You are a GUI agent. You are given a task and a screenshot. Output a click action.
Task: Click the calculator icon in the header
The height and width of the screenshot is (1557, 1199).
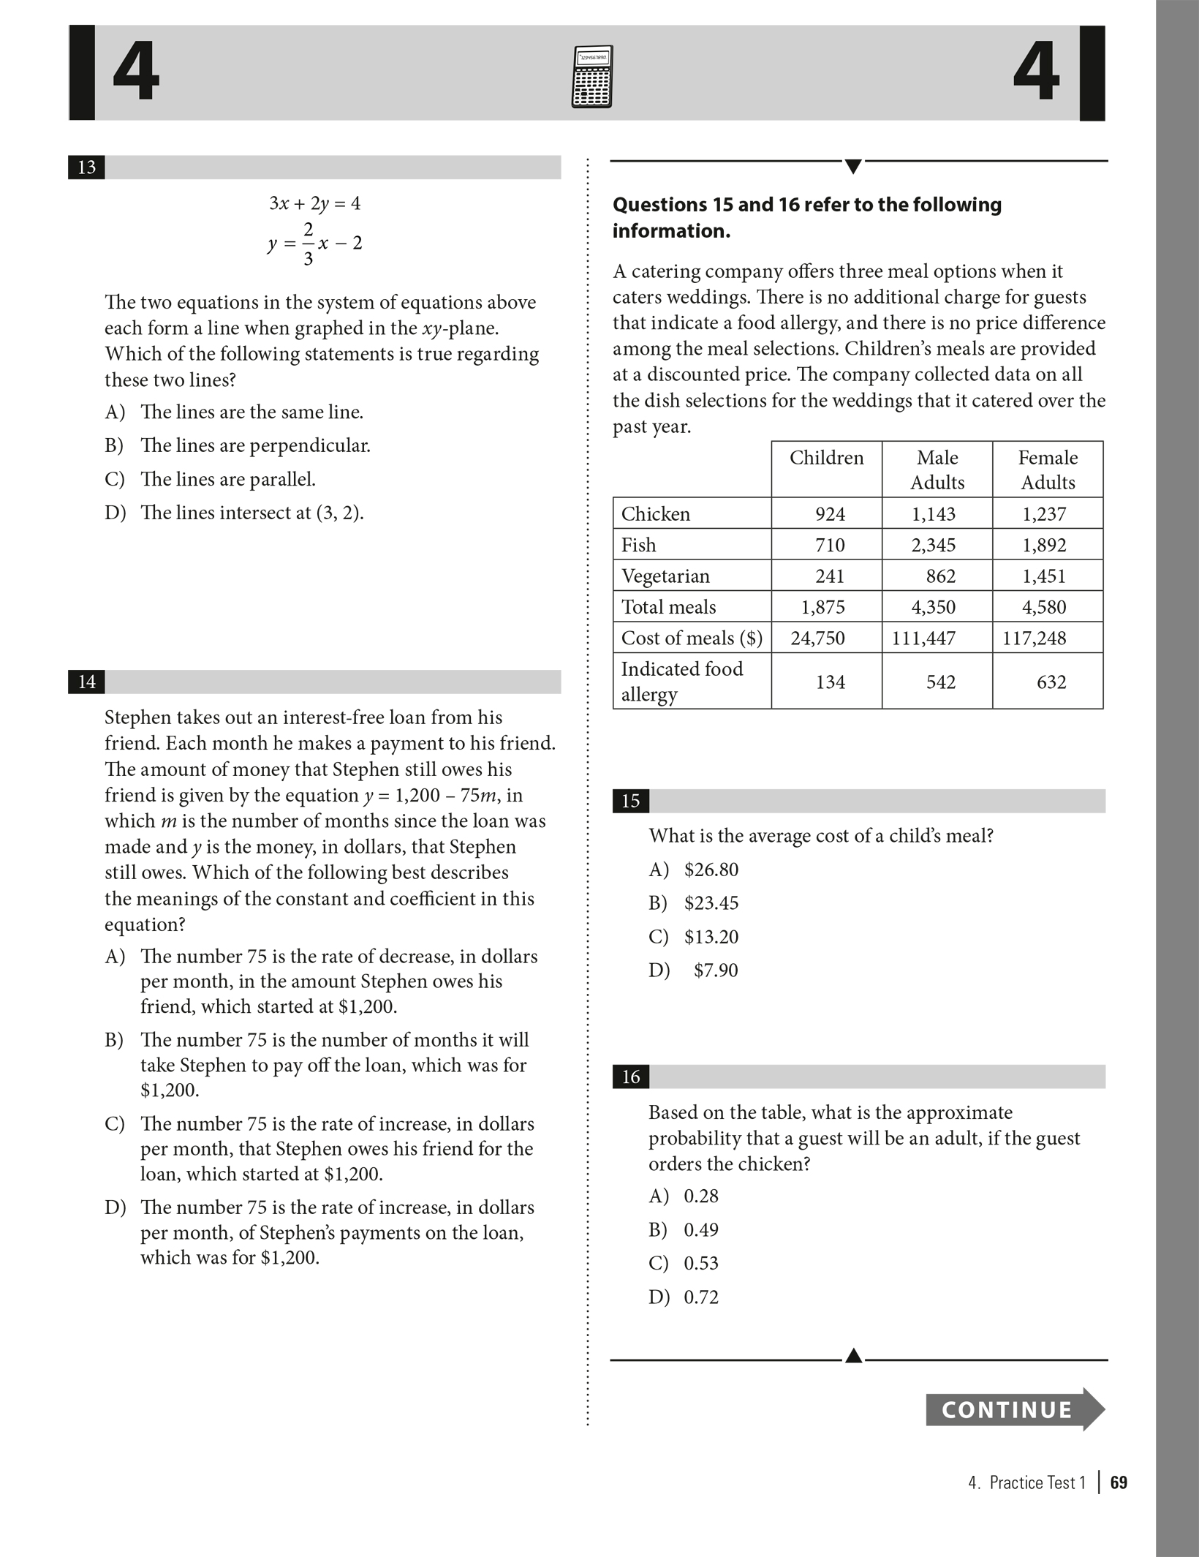coord(592,77)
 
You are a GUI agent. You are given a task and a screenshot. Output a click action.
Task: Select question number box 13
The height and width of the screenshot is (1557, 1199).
coord(86,167)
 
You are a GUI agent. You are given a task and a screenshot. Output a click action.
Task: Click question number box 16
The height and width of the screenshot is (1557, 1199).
coord(630,1077)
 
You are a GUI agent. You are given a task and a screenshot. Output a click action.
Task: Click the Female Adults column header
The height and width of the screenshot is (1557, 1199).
coord(1048,470)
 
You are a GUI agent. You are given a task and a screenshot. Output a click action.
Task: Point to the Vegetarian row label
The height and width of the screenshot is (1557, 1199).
coord(665,576)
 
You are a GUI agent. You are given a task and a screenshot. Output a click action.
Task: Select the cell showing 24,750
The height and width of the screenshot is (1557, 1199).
coord(817,638)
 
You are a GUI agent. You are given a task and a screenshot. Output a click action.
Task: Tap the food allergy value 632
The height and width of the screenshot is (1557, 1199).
coord(1051,682)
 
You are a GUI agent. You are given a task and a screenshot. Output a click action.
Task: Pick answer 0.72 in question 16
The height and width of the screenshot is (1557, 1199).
coord(701,1297)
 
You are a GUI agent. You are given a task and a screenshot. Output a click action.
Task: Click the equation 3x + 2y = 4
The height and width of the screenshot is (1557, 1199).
coord(315,203)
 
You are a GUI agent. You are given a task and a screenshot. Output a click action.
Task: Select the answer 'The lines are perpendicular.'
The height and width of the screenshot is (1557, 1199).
coord(255,445)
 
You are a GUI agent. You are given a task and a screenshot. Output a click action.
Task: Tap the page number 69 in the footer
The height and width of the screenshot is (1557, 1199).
coord(1119,1482)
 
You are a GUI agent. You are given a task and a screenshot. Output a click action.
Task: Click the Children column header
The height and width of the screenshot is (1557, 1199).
coord(826,458)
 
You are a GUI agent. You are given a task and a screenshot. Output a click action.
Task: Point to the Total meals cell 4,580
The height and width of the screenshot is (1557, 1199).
coord(1044,607)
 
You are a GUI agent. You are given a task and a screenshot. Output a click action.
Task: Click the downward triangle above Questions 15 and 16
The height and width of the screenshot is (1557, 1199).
coord(852,167)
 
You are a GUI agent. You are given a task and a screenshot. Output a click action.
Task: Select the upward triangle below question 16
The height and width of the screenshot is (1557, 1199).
coord(853,1356)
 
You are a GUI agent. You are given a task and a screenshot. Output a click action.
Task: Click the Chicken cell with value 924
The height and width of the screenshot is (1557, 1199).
coord(830,514)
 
